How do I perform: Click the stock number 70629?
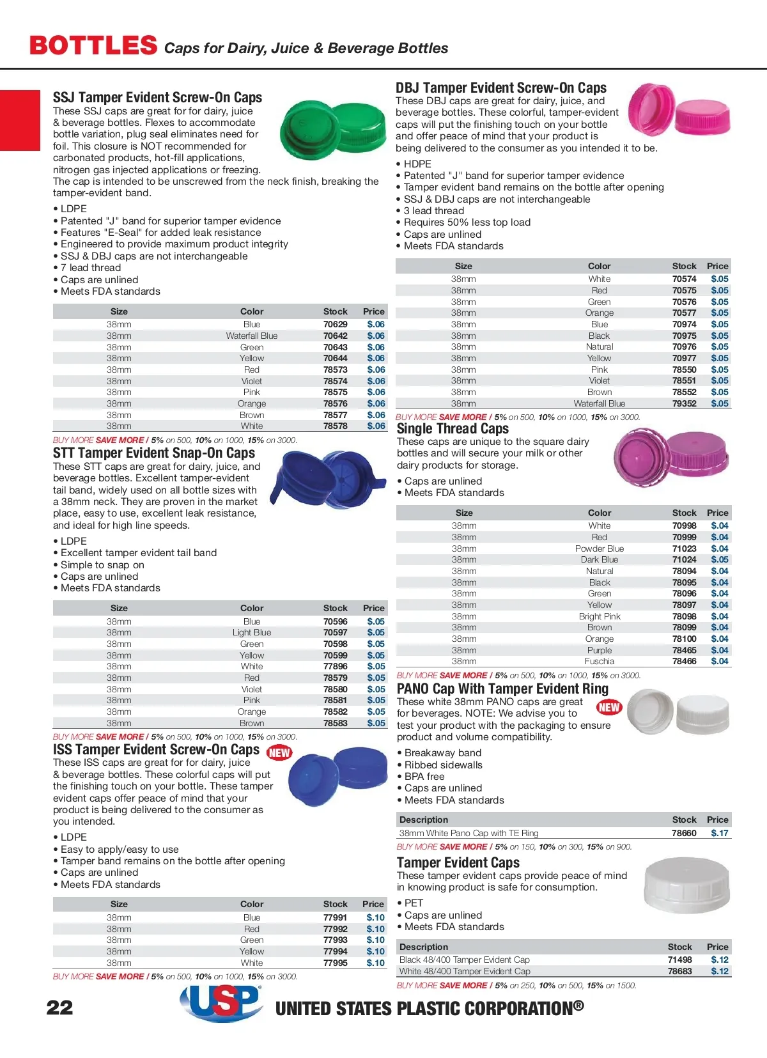point(335,324)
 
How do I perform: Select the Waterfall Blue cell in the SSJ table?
point(252,336)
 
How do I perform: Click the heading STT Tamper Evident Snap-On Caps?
point(154,453)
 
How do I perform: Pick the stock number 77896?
point(335,666)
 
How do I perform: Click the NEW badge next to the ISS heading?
point(279,752)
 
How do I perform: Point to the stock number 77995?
point(335,963)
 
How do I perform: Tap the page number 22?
point(60,1008)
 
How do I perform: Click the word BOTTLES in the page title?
point(93,46)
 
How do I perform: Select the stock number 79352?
point(684,403)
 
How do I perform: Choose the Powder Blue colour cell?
point(600,548)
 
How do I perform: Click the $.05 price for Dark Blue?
point(720,559)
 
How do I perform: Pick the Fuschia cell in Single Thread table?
point(600,661)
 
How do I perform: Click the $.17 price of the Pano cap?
point(720,833)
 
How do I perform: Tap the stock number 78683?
point(680,971)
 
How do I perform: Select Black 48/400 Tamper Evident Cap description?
point(465,960)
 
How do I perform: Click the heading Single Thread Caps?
point(453,429)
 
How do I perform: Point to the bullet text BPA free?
point(424,776)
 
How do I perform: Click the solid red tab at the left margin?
point(20,120)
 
